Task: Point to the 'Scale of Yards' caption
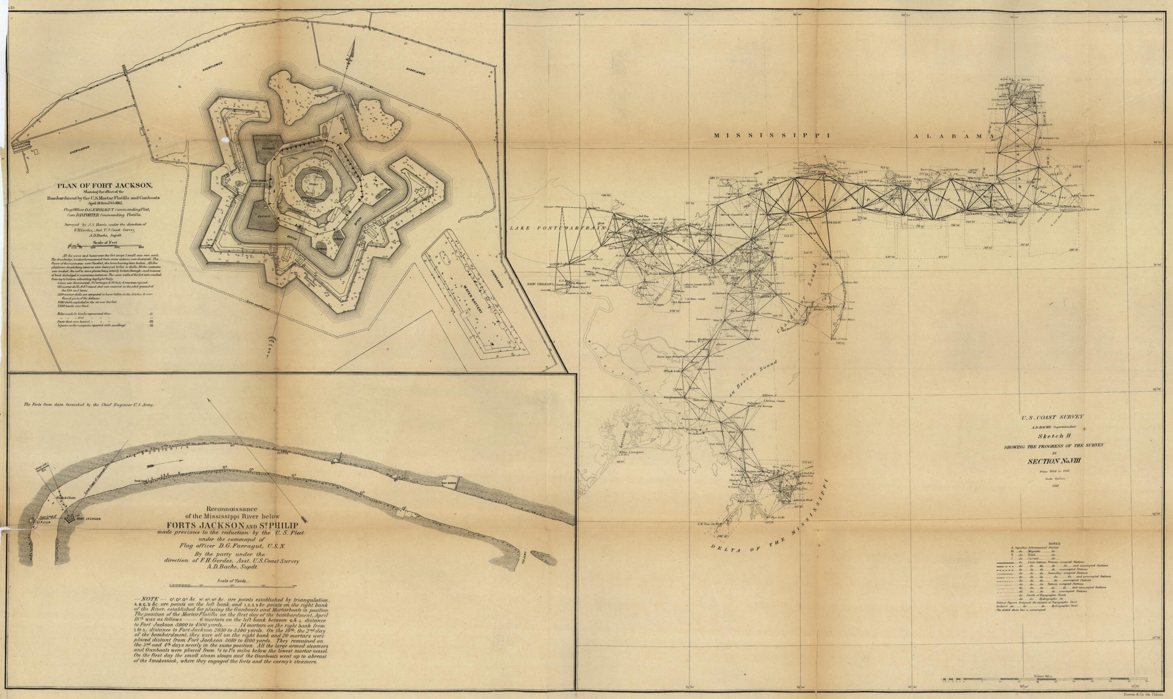pos(233,581)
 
